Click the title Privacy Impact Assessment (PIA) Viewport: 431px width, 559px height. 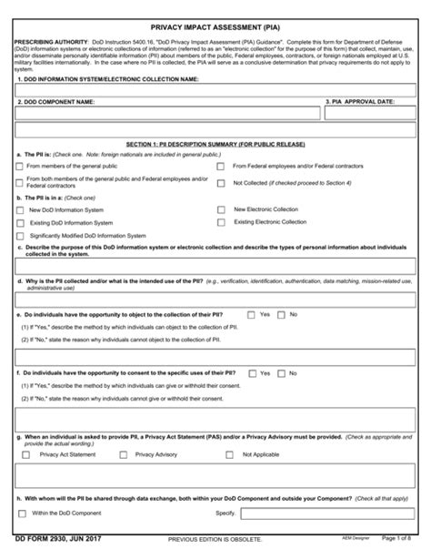pos(215,29)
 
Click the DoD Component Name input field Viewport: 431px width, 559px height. pos(167,114)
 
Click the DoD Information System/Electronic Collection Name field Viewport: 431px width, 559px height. pos(215,90)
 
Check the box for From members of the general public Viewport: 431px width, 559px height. pos(21,167)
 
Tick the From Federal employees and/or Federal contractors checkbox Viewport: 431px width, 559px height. pos(220,167)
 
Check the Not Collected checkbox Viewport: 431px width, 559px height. pos(220,182)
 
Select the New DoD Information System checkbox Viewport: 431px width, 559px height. pos(21,209)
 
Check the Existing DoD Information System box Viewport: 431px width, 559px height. pos(21,222)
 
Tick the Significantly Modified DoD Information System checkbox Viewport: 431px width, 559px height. pos(21,236)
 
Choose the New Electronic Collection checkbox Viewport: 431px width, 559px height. pos(220,209)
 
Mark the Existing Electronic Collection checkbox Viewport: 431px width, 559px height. pos(220,222)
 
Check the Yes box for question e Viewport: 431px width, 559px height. pos(252,314)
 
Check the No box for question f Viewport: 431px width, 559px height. pos(281,372)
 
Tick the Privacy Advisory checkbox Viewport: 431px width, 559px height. pos(123,453)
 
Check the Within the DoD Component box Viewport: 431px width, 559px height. pos(21,513)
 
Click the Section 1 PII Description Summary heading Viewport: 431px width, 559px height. pos(215,145)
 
